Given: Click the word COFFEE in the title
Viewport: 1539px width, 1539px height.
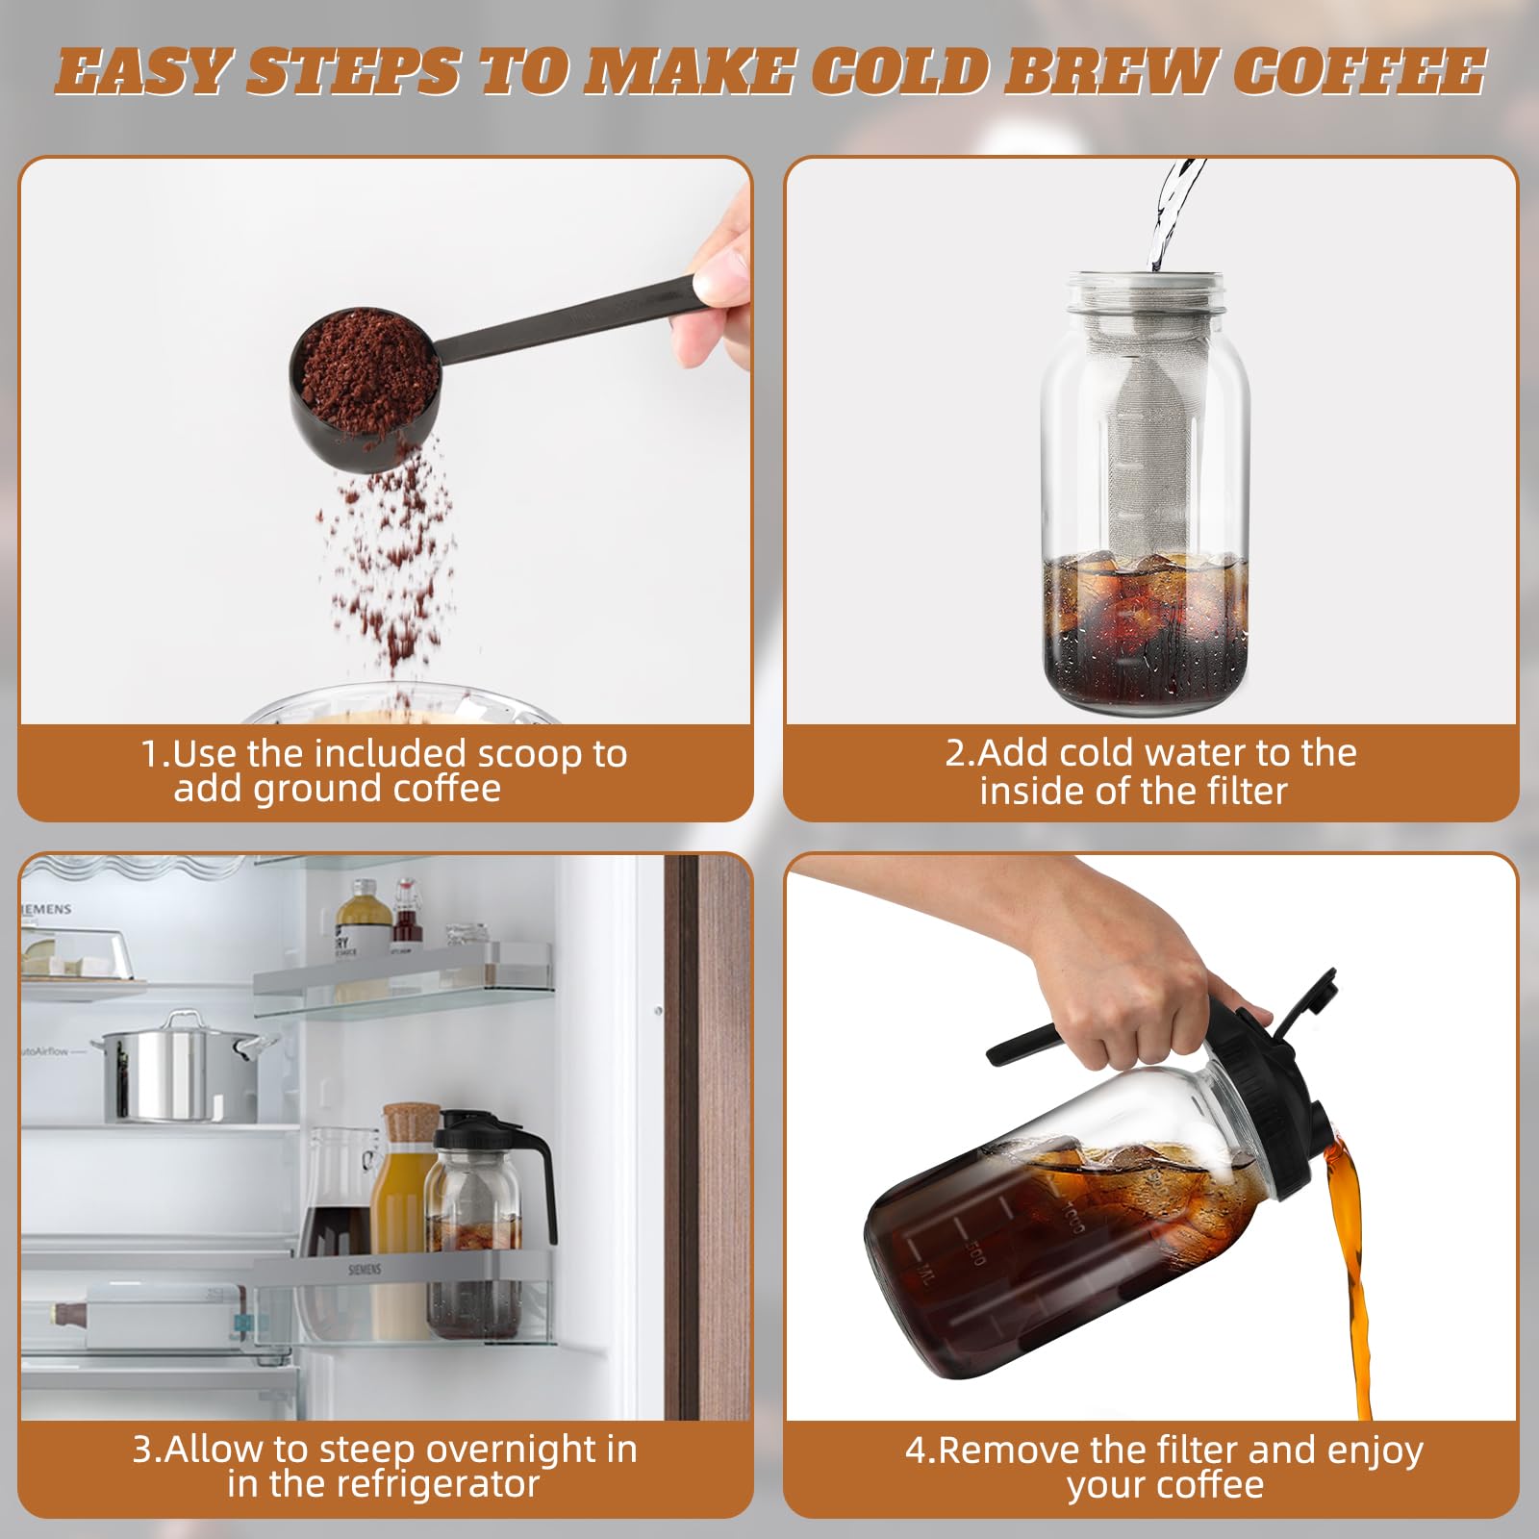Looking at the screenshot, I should (1358, 72).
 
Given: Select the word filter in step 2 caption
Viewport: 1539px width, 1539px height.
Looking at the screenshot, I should (1240, 791).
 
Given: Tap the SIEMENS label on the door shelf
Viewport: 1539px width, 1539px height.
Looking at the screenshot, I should (366, 1270).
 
